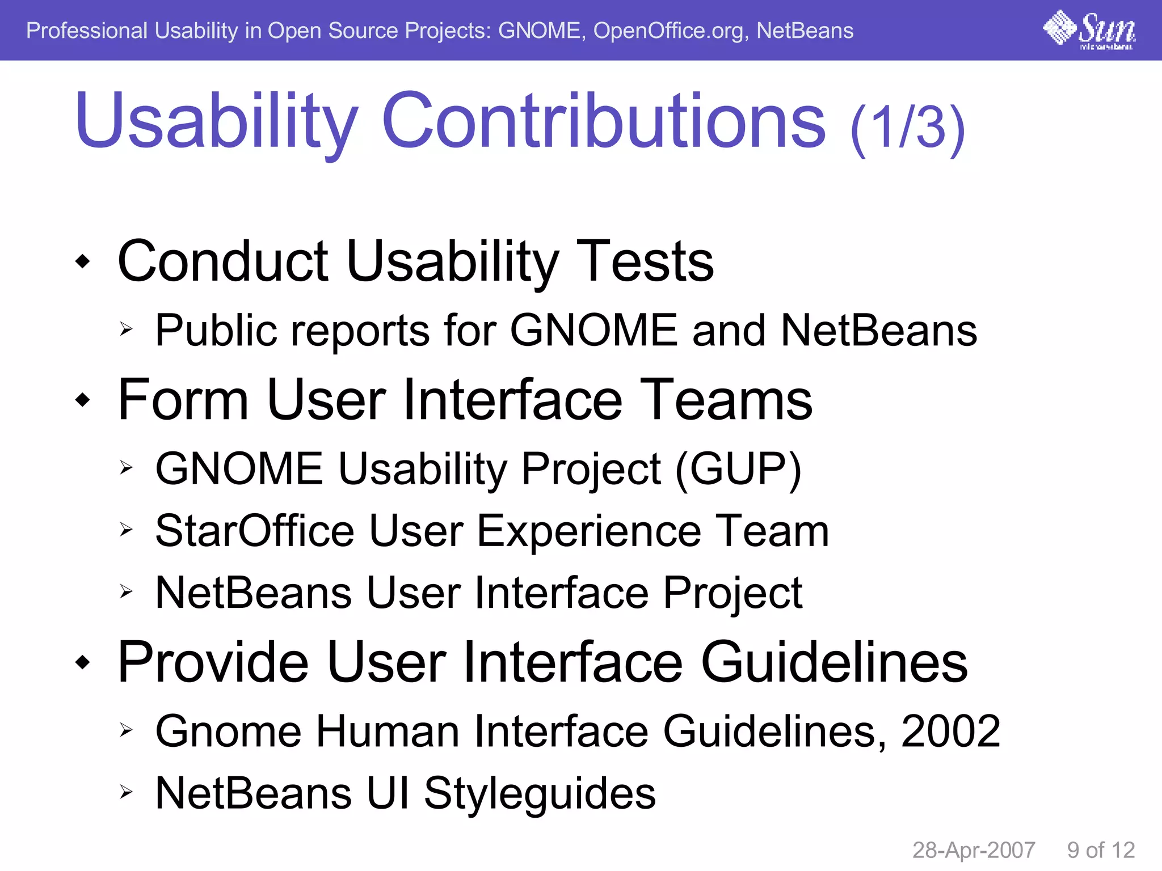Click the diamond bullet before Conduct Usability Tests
[x=83, y=261]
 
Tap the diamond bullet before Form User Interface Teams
[x=83, y=400]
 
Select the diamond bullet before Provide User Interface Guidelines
[x=83, y=662]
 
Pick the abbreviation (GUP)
[x=738, y=470]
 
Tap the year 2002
[x=950, y=732]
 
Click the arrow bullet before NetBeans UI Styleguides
[x=126, y=792]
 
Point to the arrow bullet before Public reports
[x=126, y=329]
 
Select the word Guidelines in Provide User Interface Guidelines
[x=834, y=662]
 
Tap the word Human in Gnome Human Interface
[x=388, y=732]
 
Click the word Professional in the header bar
[x=86, y=31]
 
